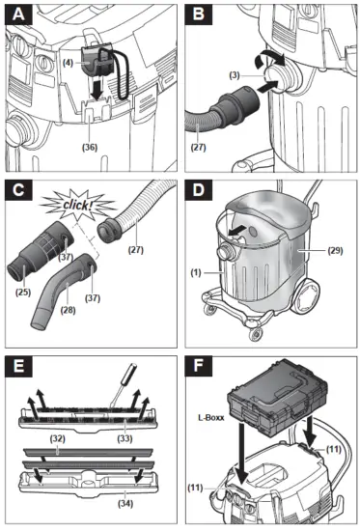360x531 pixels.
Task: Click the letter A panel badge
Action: coord(18,14)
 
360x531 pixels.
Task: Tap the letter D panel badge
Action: coord(199,190)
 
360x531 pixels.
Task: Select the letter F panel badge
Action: coord(199,366)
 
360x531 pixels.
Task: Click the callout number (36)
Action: coord(90,148)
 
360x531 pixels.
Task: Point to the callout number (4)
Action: coord(69,63)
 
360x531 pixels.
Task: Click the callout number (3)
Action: coord(235,75)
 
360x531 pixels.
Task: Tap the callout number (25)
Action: coord(23,292)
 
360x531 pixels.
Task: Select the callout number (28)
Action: coord(68,310)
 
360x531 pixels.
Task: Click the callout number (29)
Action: coord(335,251)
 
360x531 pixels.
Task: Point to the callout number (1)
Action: coord(196,272)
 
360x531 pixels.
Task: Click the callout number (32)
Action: coord(57,438)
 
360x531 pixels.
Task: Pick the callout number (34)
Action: coord(125,504)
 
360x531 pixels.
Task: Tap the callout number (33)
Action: coord(125,438)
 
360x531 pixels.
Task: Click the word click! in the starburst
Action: coord(77,205)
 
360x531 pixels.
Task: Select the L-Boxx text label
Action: coord(211,417)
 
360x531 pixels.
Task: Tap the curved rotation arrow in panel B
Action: coord(270,58)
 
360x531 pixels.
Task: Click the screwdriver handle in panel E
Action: coord(129,371)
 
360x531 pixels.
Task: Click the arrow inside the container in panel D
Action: coord(236,232)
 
